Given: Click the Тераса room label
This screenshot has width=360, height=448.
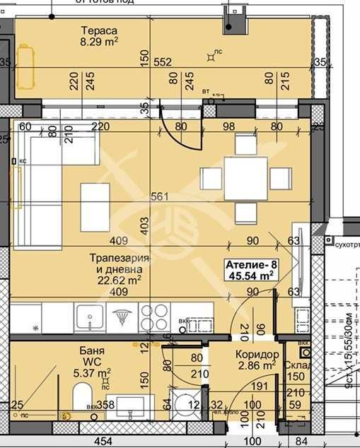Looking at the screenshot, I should pyautogui.click(x=98, y=30).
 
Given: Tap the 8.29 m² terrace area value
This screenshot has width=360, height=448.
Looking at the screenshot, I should pyautogui.click(x=99, y=42).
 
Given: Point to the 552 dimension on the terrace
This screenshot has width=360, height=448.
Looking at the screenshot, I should pyautogui.click(x=163, y=62).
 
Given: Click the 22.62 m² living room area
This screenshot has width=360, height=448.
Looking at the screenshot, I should pyautogui.click(x=117, y=280).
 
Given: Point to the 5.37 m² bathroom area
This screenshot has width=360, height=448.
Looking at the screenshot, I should pyautogui.click(x=93, y=372).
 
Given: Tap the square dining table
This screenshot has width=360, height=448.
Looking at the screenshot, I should pyautogui.click(x=245, y=178).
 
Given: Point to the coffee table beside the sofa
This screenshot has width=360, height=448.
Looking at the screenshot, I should pyautogui.click(x=96, y=198).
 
